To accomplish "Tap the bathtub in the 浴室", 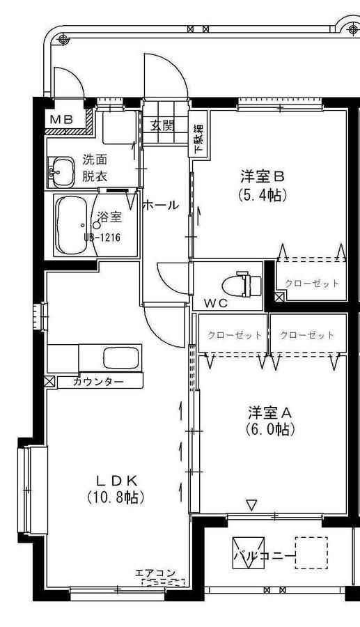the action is point(71,225).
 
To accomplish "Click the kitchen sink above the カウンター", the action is point(120,358).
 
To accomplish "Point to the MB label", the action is point(61,119).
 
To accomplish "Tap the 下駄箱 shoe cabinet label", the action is point(198,139).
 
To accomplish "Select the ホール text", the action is point(160,206).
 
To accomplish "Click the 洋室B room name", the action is point(262,176).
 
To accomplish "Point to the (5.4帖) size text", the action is point(263,195).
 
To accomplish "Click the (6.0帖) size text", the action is point(270,429).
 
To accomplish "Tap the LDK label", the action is point(116,479).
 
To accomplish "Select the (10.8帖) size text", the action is point(116,497).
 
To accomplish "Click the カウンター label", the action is point(98,382).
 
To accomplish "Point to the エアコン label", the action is point(156,573).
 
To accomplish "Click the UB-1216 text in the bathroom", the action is point(102,237).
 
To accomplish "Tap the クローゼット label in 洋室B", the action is point(312,284).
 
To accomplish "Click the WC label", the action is point(216,304).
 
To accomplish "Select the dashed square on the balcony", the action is point(311,552).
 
